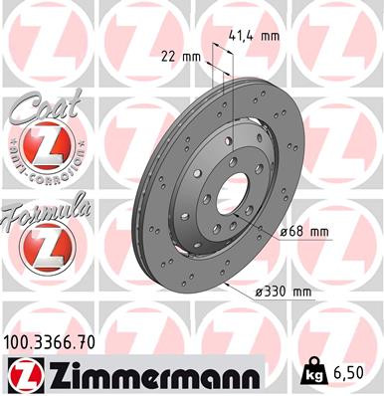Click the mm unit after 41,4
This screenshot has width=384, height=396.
[270, 35]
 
